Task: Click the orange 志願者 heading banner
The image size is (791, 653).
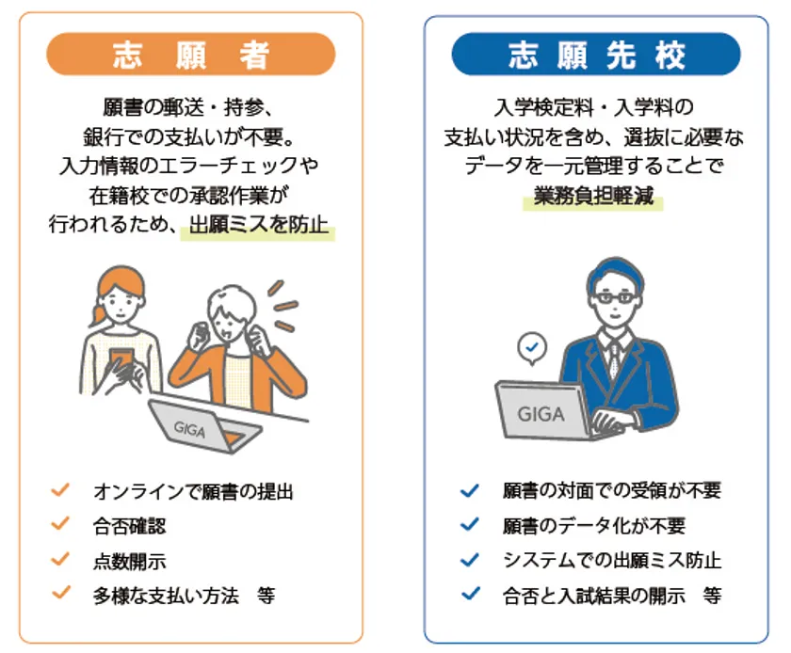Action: [x=190, y=54]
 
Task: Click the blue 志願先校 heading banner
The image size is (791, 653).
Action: [x=596, y=54]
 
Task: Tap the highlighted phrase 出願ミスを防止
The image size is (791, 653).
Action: [x=258, y=225]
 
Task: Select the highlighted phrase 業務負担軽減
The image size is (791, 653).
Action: [x=593, y=196]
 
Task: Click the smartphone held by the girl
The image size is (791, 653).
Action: [x=122, y=359]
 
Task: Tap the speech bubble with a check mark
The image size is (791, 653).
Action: [x=532, y=348]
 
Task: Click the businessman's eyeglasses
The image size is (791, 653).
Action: [x=615, y=297]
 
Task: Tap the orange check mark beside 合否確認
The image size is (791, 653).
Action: [x=60, y=524]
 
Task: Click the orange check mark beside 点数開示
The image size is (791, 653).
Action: [x=60, y=559]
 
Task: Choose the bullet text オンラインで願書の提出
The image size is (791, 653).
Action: [x=193, y=492]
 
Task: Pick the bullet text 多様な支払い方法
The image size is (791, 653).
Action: [x=166, y=596]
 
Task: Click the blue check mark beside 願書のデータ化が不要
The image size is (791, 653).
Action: [x=470, y=525]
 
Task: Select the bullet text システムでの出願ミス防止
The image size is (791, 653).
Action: [x=612, y=560]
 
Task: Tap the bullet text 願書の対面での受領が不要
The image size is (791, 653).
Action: [x=612, y=490]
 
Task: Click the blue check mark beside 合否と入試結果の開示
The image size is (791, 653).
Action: [x=471, y=594]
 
